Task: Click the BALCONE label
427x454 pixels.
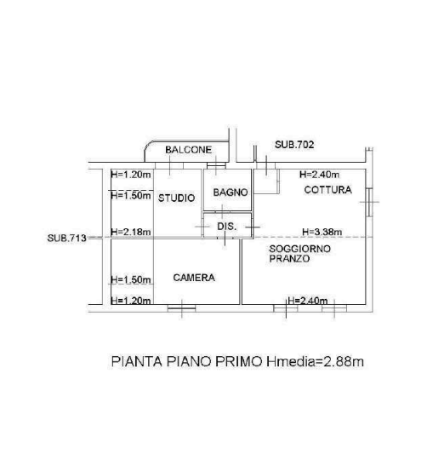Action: click(x=189, y=150)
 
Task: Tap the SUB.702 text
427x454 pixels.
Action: click(x=294, y=145)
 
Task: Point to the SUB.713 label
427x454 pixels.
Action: click(x=67, y=238)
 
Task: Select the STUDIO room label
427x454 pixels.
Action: click(x=176, y=198)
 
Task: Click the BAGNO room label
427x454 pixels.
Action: click(x=231, y=193)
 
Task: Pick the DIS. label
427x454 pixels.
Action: click(x=227, y=227)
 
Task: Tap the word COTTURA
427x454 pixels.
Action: click(x=327, y=190)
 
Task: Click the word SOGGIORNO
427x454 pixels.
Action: click(x=299, y=249)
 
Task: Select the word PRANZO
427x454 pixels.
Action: click(x=289, y=259)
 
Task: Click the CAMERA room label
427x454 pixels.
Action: click(x=194, y=278)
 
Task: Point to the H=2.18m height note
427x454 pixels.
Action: click(x=131, y=232)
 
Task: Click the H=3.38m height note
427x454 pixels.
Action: click(x=322, y=232)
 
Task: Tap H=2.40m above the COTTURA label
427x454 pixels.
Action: click(x=320, y=175)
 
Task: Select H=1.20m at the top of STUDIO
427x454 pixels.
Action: click(x=131, y=175)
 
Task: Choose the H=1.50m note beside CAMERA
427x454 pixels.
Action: click(x=131, y=279)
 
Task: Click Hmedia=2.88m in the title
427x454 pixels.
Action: click(x=315, y=362)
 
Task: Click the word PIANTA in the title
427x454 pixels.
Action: click(x=136, y=362)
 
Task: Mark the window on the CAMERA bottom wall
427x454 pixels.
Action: click(x=181, y=308)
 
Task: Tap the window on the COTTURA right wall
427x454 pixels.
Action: click(x=369, y=202)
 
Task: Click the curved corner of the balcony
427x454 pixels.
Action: click(x=148, y=147)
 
